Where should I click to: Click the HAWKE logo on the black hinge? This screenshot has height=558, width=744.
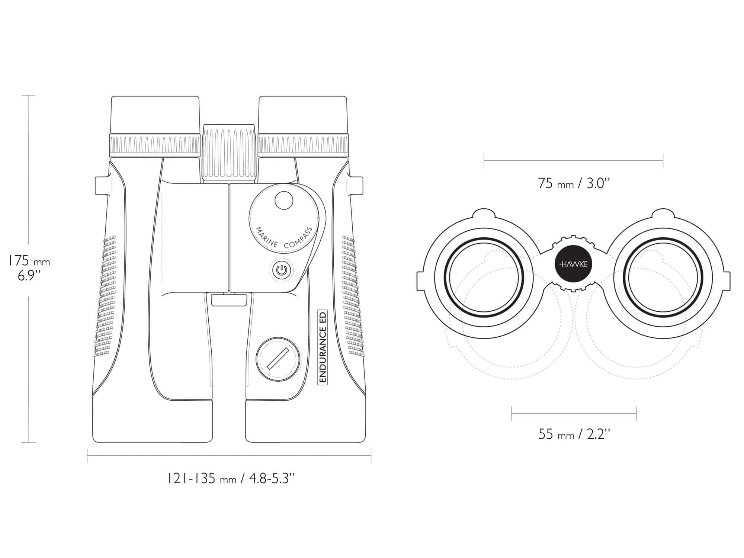pyautogui.click(x=574, y=264)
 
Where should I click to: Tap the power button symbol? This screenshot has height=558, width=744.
pyautogui.click(x=281, y=270)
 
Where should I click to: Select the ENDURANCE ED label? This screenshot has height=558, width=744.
pyautogui.click(x=322, y=347)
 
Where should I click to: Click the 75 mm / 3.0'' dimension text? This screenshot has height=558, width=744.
pyautogui.click(x=574, y=183)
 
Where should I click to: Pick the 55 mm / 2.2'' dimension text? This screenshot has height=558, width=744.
pyautogui.click(x=574, y=434)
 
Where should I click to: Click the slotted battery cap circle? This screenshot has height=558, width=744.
pyautogui.click(x=278, y=359)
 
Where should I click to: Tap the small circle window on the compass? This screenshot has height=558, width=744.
pyautogui.click(x=284, y=201)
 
